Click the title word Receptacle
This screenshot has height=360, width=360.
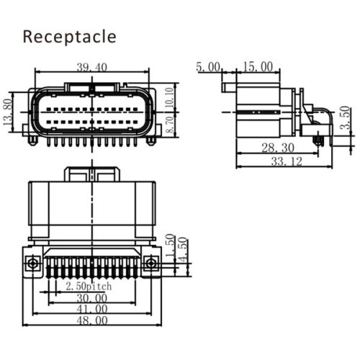[x=69, y=37]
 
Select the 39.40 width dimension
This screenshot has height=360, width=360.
[x=92, y=68]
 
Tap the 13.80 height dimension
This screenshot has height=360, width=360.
[x=9, y=110]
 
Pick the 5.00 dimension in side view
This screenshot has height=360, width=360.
[x=208, y=67]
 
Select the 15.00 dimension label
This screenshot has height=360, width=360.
[x=257, y=67]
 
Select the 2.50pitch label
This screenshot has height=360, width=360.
[x=89, y=286]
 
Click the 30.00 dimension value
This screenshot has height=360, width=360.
[x=92, y=297]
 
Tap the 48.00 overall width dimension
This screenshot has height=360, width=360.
[x=92, y=320]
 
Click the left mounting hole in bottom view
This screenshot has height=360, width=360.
[x=32, y=264]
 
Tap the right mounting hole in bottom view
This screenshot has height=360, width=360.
[x=150, y=264]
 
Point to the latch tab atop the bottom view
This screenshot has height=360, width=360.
[x=92, y=174]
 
